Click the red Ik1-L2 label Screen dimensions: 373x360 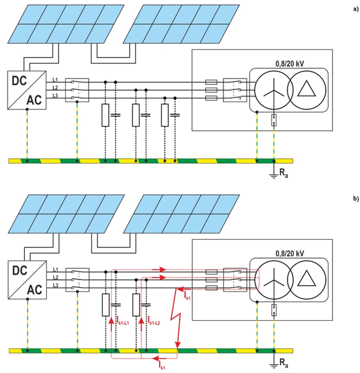pyautogui.click(x=155, y=319)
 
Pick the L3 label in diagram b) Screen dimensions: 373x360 pyautogui.click(x=55, y=285)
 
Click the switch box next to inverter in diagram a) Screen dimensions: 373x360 pyautogui.click(x=77, y=90)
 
